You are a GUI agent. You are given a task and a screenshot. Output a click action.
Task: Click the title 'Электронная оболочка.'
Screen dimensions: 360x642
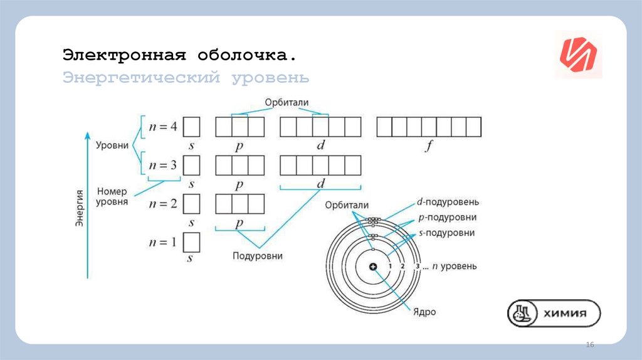(179, 55)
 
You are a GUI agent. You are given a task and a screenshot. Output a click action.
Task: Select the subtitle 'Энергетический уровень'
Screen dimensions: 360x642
(186, 78)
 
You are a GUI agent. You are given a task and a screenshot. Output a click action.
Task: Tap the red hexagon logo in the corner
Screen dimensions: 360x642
(578, 55)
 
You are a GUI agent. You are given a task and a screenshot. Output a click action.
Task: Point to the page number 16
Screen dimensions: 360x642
(589, 346)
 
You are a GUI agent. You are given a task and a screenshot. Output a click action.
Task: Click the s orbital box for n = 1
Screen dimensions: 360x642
(191, 242)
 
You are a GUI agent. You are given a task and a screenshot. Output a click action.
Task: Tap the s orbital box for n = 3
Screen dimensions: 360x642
(191, 166)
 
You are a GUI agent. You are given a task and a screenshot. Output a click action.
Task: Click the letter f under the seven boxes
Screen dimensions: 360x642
(429, 147)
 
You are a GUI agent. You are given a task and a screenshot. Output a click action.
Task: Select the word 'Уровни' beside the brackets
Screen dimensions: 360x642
(112, 146)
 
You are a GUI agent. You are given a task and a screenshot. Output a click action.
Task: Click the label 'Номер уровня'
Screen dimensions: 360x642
(112, 197)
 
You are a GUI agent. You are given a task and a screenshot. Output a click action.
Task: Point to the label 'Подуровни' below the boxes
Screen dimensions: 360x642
(257, 256)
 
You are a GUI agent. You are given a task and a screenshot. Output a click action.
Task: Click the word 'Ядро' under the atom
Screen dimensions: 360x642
(424, 312)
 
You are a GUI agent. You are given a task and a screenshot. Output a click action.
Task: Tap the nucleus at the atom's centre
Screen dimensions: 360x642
(373, 267)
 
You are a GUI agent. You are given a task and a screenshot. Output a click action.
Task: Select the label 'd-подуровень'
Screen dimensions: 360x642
(448, 203)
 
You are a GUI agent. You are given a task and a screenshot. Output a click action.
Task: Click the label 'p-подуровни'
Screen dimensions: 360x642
(447, 218)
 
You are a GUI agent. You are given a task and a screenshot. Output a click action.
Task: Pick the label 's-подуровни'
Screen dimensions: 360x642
(446, 233)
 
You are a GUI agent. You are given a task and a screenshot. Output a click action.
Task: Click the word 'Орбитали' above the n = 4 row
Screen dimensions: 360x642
(287, 102)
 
